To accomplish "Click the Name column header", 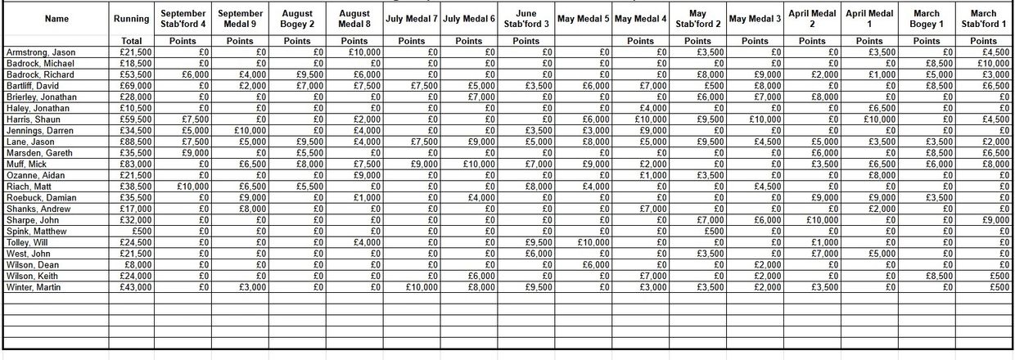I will coord(56,18).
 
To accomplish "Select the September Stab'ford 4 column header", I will coord(183,18).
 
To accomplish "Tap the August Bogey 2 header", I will coord(297,18).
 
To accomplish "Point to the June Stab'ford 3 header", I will coord(526,18).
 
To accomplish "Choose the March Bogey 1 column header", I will coord(927,18).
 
